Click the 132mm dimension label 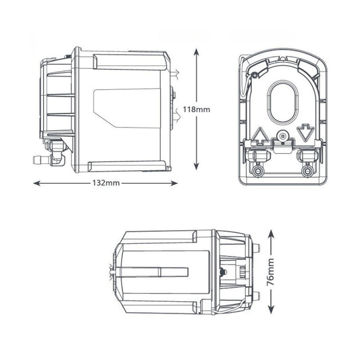click(104, 184)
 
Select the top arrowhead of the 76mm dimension click(271, 230)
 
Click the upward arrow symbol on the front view click(260, 134)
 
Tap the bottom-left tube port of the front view click(258, 171)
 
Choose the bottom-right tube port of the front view click(309, 171)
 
